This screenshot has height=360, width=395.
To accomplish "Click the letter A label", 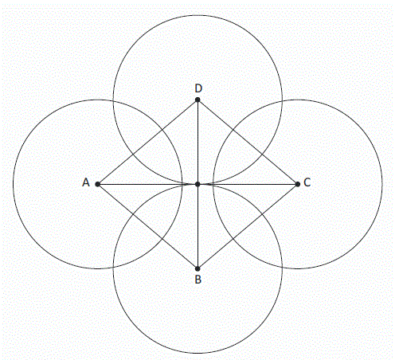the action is tap(86, 182).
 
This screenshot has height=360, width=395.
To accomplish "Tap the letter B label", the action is tap(198, 280).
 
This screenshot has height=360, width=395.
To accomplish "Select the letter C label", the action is tap(307, 182).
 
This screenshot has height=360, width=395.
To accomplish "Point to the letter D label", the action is tap(198, 88).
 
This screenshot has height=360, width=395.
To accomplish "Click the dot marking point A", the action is tap(97, 184).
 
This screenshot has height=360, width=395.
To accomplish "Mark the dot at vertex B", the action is tap(197, 268).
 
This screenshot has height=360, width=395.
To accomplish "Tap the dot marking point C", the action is tap(298, 184).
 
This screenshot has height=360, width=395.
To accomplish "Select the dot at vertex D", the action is tap(197, 100).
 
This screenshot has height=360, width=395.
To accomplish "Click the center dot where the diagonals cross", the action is tap(197, 184).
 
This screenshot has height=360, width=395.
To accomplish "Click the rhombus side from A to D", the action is tap(147, 142).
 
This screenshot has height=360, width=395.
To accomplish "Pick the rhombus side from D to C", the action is tap(248, 142).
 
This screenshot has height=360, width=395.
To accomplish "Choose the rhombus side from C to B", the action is tap(248, 226).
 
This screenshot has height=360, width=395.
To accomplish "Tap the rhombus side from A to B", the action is tap(147, 226).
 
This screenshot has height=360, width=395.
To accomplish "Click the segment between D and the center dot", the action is tap(197, 142).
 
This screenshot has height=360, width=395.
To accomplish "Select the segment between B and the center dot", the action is tap(197, 226).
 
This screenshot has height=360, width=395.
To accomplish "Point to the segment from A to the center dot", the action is tap(147, 184).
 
